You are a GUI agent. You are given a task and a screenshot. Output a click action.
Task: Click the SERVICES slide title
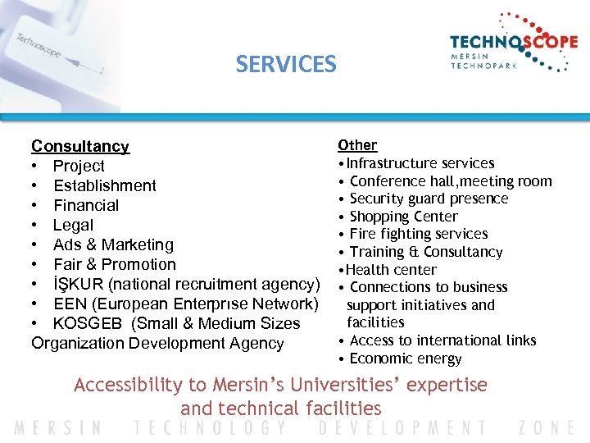point(286,64)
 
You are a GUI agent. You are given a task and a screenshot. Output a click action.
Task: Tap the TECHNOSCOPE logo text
point(513,43)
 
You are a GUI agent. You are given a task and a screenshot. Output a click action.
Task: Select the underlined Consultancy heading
point(80,146)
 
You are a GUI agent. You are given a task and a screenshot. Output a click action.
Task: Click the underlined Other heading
point(357,145)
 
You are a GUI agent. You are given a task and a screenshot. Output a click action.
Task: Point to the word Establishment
point(104,185)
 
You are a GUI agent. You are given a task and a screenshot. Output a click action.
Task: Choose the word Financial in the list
point(86,205)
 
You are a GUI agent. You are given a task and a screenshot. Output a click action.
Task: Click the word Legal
point(73,225)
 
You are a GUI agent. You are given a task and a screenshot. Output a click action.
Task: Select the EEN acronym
point(70,304)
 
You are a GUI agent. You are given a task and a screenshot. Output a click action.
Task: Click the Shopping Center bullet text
point(403,217)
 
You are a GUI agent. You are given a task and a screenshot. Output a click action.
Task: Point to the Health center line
point(392,270)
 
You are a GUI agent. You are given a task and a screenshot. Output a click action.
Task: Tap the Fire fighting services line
point(418,234)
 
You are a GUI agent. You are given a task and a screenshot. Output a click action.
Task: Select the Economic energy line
point(405,359)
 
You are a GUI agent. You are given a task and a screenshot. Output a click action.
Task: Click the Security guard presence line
point(429,199)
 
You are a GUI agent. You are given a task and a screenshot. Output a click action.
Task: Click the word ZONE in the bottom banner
point(547,427)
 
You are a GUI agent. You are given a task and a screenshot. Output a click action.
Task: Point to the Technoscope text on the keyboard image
point(39,45)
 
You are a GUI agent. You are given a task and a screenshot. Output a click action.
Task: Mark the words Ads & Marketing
point(113,244)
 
